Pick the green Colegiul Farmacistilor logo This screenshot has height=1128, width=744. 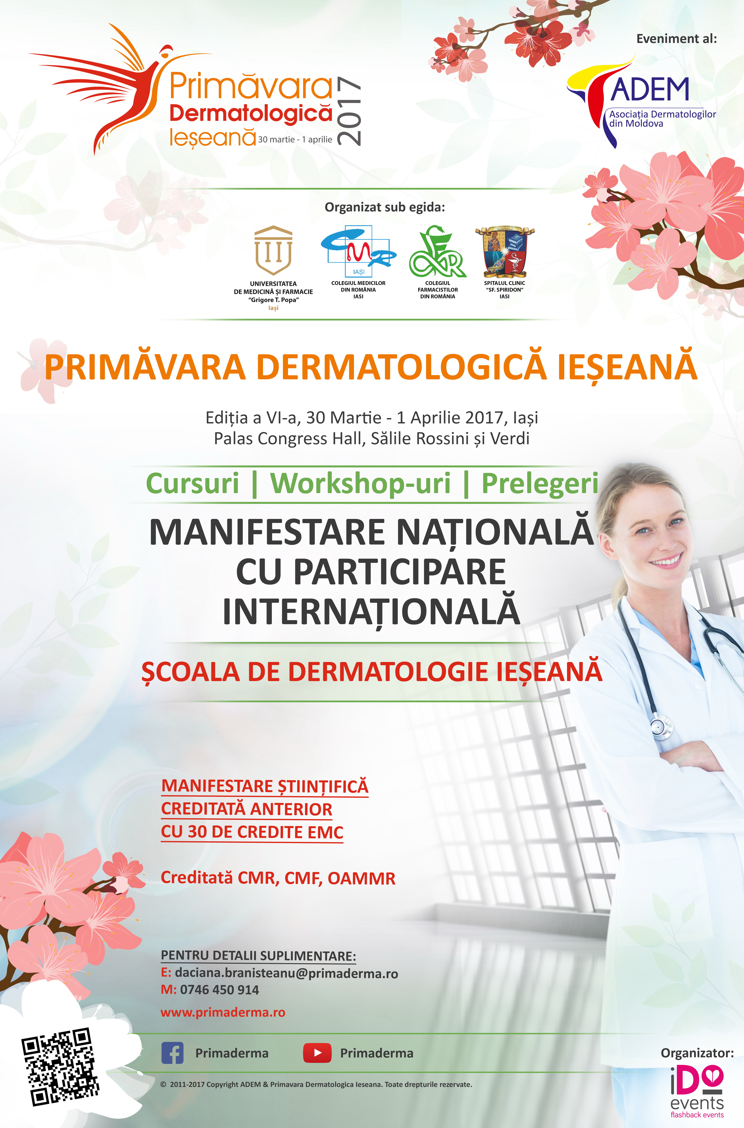click(437, 252)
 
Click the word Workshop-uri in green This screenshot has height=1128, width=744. click(360, 483)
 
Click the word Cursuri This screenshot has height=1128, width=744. click(192, 483)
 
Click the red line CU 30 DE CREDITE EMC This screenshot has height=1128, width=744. click(252, 832)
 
